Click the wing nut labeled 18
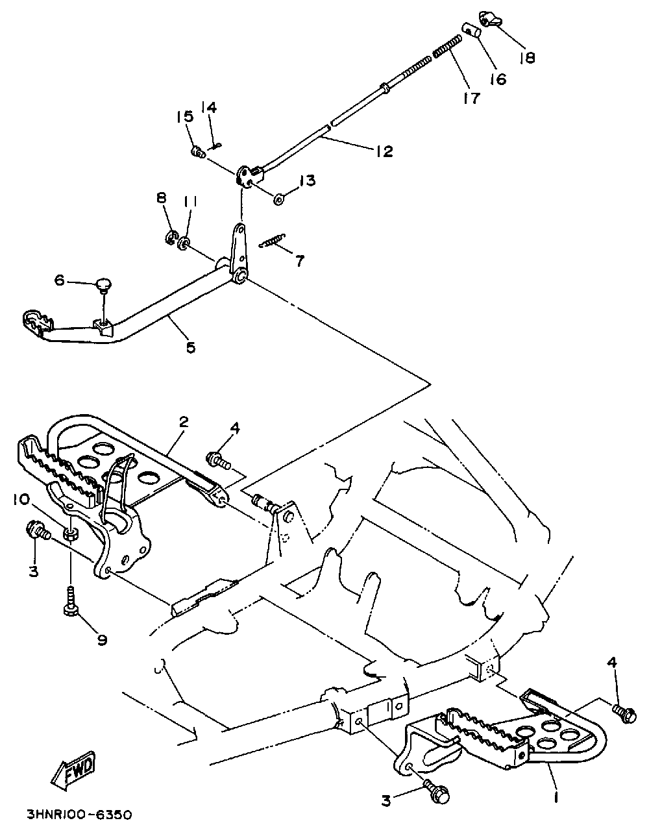click(x=493, y=19)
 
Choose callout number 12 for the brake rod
click(x=384, y=151)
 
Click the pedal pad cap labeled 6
click(x=103, y=284)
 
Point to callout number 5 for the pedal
click(x=190, y=347)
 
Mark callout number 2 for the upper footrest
click(x=183, y=422)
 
